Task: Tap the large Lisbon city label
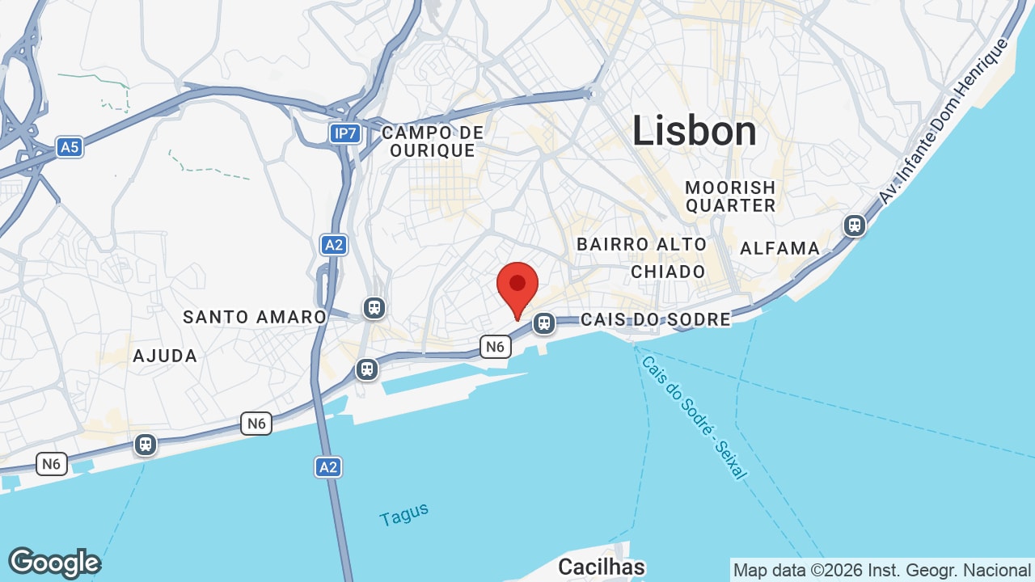click(x=694, y=131)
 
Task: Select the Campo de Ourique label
click(x=433, y=141)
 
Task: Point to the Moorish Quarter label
click(x=730, y=196)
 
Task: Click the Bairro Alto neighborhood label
click(x=641, y=244)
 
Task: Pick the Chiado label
click(x=668, y=272)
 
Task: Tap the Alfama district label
click(x=779, y=248)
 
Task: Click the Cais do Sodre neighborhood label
click(x=655, y=319)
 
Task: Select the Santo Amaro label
click(x=254, y=317)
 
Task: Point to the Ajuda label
click(x=165, y=356)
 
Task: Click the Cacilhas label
click(x=602, y=567)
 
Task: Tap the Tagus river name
click(x=403, y=515)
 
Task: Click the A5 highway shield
click(x=70, y=147)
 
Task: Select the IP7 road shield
click(x=344, y=133)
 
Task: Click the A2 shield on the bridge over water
click(x=327, y=466)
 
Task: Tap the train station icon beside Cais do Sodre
click(x=544, y=324)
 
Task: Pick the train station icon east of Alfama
click(x=855, y=225)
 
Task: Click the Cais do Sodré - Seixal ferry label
click(x=693, y=416)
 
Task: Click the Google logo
click(x=54, y=563)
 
